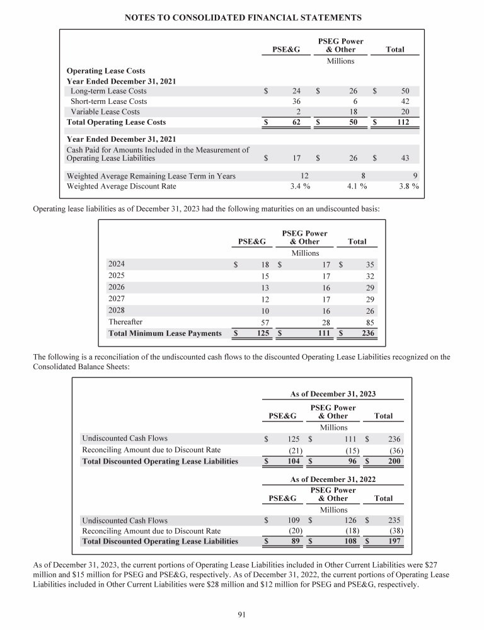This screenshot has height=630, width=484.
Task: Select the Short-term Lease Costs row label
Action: pyautogui.click(x=108, y=101)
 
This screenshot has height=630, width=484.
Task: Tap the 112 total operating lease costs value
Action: pyautogui.click(x=401, y=122)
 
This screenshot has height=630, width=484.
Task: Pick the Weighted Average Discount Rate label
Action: pyautogui.click(x=122, y=186)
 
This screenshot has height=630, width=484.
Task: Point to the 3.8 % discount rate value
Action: pyautogui.click(x=409, y=186)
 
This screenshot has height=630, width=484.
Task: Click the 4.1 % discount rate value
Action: pyautogui.click(x=357, y=186)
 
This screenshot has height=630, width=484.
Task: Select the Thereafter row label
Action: pyautogui.click(x=125, y=321)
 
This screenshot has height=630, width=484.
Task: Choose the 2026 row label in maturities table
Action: pyautogui.click(x=117, y=287)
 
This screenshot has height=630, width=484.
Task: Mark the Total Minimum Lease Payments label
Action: pyautogui.click(x=164, y=333)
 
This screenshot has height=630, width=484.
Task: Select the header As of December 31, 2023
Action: pyautogui.click(x=333, y=394)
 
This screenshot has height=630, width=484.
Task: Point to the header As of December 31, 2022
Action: pyautogui.click(x=333, y=479)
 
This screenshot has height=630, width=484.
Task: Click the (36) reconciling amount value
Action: pyautogui.click(x=395, y=450)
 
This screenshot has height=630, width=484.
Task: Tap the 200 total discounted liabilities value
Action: pyautogui.click(x=394, y=461)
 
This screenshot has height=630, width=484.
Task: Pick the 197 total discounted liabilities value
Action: pyautogui.click(x=394, y=541)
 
